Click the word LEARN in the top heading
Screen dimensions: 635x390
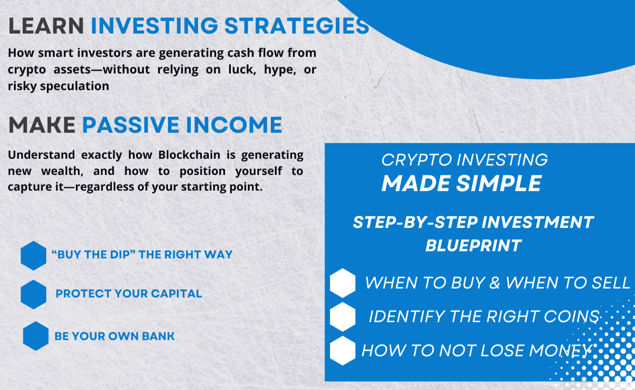point(46,26)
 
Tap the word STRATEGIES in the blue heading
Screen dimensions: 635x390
point(296,26)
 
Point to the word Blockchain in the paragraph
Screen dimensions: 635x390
point(189,155)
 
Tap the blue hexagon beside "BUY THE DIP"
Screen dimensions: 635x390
point(33,256)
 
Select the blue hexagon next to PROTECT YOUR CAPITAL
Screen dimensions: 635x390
point(33,294)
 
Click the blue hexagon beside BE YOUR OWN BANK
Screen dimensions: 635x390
point(36,336)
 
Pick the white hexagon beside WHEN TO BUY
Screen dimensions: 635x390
point(343,283)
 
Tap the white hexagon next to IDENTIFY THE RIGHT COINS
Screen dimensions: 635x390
point(343,317)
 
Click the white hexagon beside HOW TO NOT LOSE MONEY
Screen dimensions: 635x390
point(343,351)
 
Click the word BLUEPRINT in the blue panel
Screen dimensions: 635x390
point(473,245)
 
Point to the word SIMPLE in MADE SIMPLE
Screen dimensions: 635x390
point(499,184)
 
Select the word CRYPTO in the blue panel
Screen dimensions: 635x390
point(416,160)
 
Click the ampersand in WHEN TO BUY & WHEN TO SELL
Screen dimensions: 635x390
point(494,283)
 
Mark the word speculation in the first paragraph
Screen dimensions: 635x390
point(75,86)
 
